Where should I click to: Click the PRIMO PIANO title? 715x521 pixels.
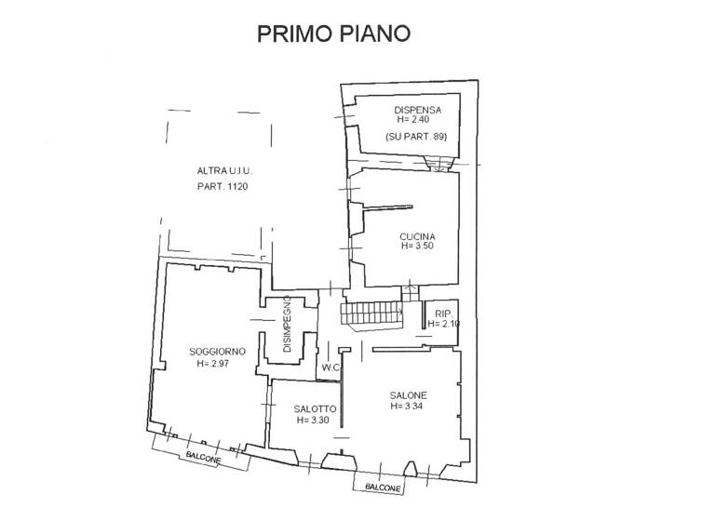point(333,33)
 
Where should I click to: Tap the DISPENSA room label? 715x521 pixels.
point(416,110)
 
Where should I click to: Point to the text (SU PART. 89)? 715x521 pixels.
point(416,138)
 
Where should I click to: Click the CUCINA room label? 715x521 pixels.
point(418,236)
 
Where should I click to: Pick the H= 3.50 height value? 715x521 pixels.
point(418,247)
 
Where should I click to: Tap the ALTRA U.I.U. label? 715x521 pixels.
point(224,171)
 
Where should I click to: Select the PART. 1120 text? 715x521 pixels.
point(224,187)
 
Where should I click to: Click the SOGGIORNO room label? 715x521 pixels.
point(217,352)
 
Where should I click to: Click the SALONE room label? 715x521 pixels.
point(408,394)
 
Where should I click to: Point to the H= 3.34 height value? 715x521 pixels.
point(408,406)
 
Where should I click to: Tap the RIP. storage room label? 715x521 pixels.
point(442,314)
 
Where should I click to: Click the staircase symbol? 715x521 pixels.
point(370,314)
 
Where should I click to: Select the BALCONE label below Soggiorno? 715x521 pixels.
point(202,459)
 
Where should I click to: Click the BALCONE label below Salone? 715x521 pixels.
point(383,488)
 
